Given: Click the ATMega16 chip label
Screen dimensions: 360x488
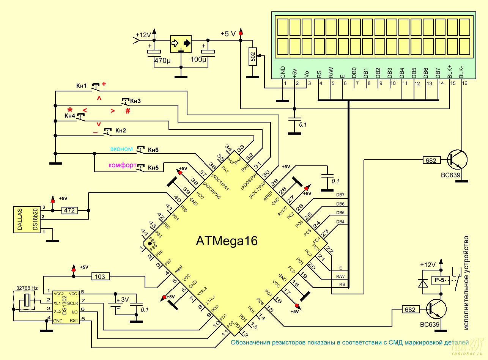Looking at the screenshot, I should click(x=227, y=241).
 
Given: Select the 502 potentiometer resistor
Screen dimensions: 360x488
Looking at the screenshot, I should click(x=253, y=57).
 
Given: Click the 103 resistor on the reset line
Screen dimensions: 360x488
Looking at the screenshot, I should click(x=100, y=277).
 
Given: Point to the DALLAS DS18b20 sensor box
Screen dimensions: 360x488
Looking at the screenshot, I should click(x=27, y=219).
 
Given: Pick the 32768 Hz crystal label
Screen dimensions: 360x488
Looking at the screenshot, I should click(x=27, y=288).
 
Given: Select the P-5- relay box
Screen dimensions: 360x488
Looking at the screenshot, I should click(x=440, y=281).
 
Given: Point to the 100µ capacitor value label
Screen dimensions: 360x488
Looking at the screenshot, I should click(x=198, y=60).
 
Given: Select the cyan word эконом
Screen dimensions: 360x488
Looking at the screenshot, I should click(x=121, y=149).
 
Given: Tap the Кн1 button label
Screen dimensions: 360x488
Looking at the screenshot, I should click(x=82, y=86).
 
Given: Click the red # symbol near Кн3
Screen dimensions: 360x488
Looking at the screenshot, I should click(x=128, y=111).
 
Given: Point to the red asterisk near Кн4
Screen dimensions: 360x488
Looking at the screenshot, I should click(x=70, y=109).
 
